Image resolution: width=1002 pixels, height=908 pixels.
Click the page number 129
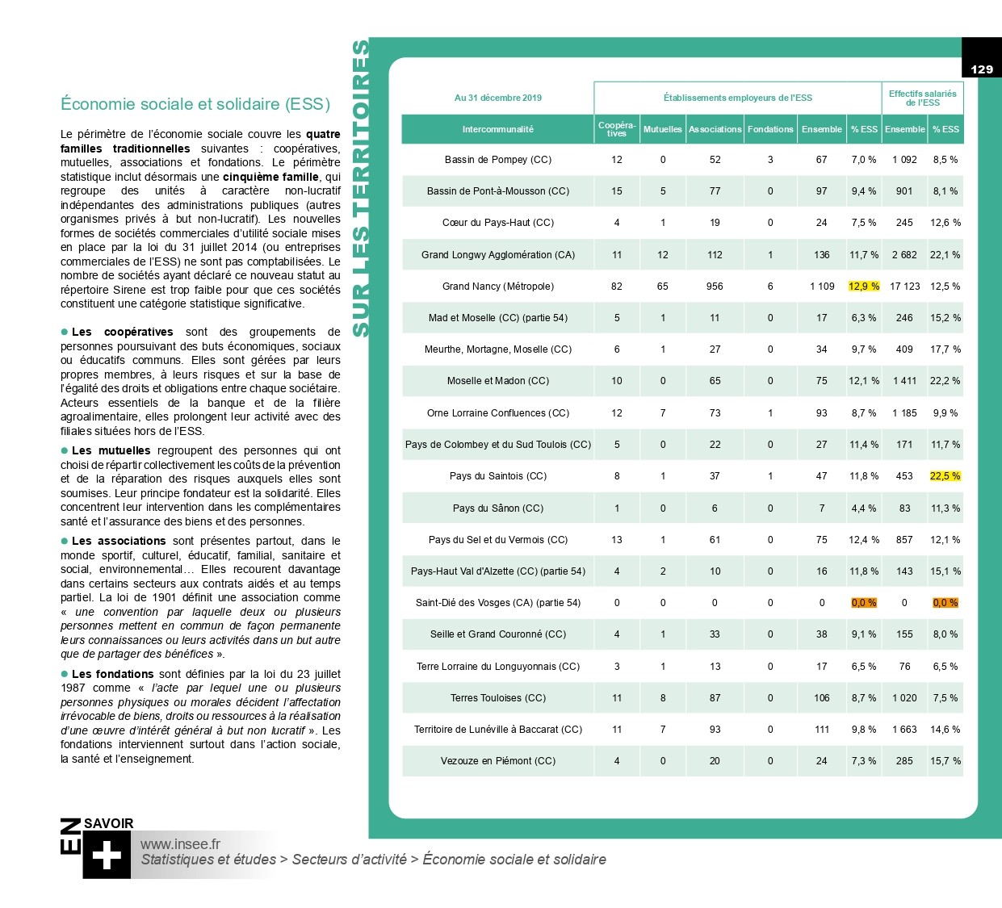pyautogui.click(x=981, y=69)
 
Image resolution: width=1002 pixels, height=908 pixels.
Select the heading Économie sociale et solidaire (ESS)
pyautogui.click(x=195, y=104)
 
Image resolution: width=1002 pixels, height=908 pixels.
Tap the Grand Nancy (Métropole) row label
pyautogui.click(x=497, y=287)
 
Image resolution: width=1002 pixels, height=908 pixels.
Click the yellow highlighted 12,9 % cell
pyautogui.click(x=863, y=287)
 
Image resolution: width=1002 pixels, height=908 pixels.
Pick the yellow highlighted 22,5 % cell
pyautogui.click(x=945, y=476)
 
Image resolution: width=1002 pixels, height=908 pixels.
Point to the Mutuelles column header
pyautogui.click(x=662, y=129)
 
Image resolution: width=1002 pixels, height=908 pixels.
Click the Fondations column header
pyautogui.click(x=770, y=129)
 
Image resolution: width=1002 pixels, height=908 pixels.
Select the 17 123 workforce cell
pyautogui.click(x=904, y=287)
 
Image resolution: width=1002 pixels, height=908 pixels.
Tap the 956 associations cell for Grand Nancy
pyautogui.click(x=715, y=287)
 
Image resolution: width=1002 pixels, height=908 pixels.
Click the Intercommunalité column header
pyautogui.click(x=497, y=129)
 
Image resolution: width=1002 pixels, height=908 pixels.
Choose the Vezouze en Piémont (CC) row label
pyautogui.click(x=497, y=761)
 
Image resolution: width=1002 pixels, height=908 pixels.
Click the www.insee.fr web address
pyautogui.click(x=180, y=844)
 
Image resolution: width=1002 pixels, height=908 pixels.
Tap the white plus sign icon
pyautogui.click(x=107, y=856)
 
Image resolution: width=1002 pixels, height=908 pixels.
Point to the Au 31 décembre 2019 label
pyautogui.click(x=497, y=98)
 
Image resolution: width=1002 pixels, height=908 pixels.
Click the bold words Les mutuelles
pyautogui.click(x=111, y=451)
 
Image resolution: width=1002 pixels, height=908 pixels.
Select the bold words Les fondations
pyautogui.click(x=112, y=674)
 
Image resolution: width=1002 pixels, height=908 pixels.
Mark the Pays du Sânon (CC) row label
pyautogui.click(x=497, y=508)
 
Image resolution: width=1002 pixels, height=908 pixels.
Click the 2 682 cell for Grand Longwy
pyautogui.click(x=904, y=255)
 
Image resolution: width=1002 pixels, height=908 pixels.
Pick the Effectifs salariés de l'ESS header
pyautogui.click(x=922, y=98)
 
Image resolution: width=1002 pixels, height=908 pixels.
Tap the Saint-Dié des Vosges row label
pyautogui.click(x=497, y=603)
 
